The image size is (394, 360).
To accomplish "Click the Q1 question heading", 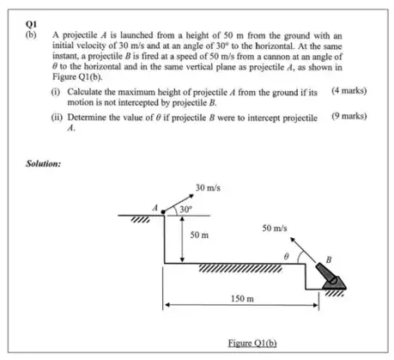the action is click(31, 24).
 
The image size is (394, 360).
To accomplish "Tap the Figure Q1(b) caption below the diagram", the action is click(252, 343).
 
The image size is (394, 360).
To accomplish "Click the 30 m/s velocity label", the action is click(208, 188).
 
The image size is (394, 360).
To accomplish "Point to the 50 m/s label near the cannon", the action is click(275, 229).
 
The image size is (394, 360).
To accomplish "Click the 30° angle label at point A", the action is click(185, 210).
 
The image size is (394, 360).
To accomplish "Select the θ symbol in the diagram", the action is click(286, 256).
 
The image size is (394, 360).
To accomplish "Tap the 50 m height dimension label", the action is click(199, 235).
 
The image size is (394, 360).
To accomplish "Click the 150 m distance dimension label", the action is click(242, 299).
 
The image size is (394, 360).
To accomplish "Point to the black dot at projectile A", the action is click(163, 212).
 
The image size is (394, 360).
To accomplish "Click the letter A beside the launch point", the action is click(155, 208).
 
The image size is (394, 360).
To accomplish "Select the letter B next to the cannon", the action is click(329, 259).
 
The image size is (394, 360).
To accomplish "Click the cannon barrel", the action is click(326, 273).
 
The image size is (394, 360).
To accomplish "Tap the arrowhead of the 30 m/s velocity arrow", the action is click(191, 196).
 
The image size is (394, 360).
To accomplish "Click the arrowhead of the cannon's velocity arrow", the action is click(293, 240).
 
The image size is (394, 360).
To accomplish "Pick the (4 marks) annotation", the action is click(349, 91).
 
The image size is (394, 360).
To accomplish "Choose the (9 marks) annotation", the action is click(349, 116).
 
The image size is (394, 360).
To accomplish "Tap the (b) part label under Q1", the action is click(31, 35).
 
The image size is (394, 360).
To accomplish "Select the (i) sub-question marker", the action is click(56, 92).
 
